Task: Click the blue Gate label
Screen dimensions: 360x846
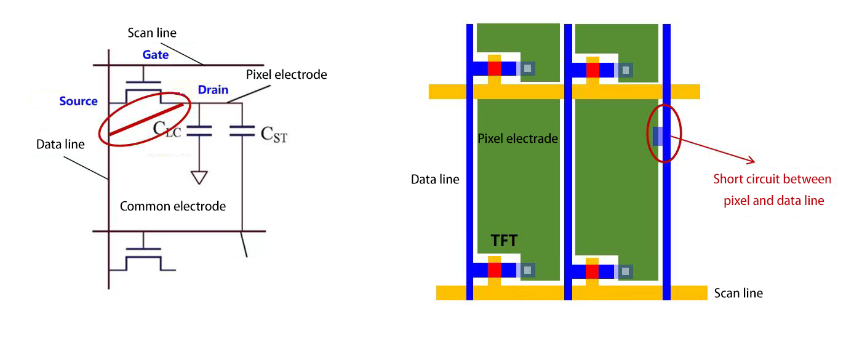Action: tap(156, 55)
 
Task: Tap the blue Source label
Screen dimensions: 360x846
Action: tap(78, 101)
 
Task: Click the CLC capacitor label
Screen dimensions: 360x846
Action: tap(167, 129)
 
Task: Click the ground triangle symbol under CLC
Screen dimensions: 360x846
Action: tap(198, 177)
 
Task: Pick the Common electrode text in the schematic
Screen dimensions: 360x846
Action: tap(172, 206)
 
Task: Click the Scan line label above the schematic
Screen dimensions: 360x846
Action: tap(152, 32)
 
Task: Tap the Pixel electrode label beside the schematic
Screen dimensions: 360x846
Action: tap(286, 74)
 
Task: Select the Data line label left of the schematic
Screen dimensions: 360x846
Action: tap(60, 144)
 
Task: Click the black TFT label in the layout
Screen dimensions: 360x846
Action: tap(503, 241)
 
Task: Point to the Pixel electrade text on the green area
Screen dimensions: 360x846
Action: tap(517, 138)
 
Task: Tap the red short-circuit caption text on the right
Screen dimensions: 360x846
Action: tap(772, 190)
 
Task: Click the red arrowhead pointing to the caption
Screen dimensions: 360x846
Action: tap(751, 161)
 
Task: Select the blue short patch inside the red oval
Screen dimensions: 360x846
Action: tap(658, 136)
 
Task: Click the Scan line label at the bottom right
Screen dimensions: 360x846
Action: tap(738, 293)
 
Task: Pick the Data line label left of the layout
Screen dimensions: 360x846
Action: tap(435, 180)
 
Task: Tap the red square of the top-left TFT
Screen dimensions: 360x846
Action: tap(495, 69)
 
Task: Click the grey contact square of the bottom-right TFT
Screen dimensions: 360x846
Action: tap(626, 271)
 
